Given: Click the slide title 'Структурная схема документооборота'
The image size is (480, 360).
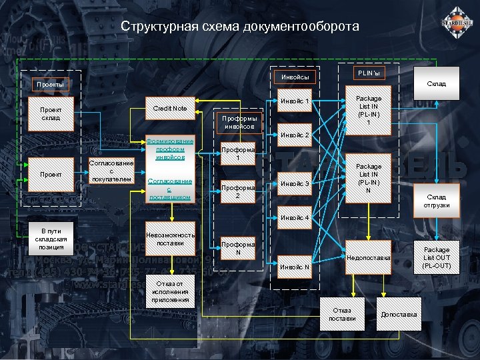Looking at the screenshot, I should (239, 27).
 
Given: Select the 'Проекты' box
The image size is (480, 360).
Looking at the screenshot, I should (51, 85).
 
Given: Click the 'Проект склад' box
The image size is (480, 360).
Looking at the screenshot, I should (51, 114).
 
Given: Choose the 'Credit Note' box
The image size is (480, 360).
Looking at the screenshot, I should (170, 108).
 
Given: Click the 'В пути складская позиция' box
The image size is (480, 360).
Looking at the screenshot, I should (51, 238).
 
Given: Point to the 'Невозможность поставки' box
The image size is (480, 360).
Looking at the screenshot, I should (170, 239).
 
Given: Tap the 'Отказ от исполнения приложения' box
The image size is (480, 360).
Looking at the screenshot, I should (170, 291).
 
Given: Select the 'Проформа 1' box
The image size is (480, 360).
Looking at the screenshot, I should (238, 154).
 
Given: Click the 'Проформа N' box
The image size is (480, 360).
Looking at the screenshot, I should (238, 249).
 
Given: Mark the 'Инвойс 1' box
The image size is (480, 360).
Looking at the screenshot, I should (294, 101).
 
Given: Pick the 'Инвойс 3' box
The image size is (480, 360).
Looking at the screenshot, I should (294, 183).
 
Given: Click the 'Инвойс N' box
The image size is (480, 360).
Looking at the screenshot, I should (294, 267).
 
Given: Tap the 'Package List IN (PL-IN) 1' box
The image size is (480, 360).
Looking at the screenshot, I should (369, 111).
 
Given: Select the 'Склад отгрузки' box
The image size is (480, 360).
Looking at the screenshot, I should (437, 201).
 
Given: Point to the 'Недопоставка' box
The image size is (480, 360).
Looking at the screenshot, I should (368, 257).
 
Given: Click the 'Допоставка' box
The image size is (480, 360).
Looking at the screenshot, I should (399, 314).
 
